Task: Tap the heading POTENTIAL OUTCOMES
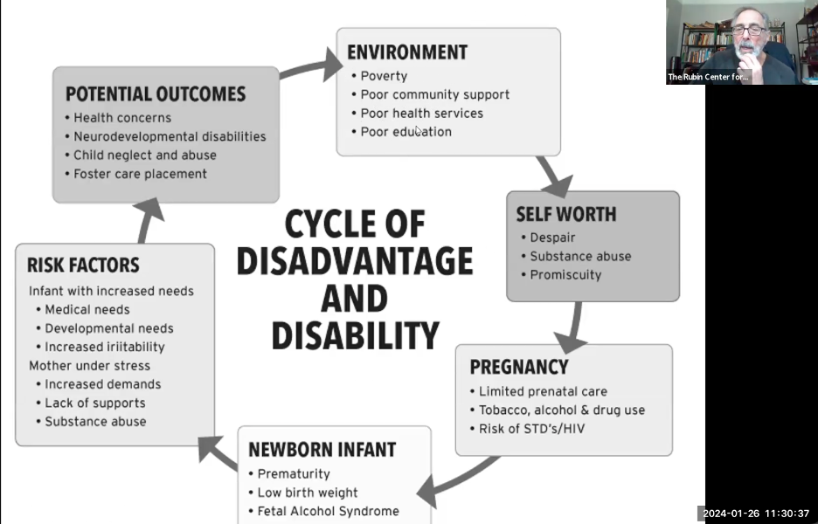coord(156,94)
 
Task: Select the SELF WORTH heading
coord(565,214)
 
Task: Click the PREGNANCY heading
coord(519,367)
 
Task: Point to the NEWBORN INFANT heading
coord(322,450)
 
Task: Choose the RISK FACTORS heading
coord(83,265)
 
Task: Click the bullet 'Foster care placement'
coord(140,174)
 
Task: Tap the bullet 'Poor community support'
coord(434,94)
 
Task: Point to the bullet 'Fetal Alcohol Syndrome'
coord(328,511)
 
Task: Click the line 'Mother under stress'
coord(89,365)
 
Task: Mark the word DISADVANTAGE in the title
coord(355,261)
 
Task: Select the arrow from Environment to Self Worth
coord(553,176)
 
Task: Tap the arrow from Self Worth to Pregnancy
coord(572,327)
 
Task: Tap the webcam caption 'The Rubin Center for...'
coord(708,78)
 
